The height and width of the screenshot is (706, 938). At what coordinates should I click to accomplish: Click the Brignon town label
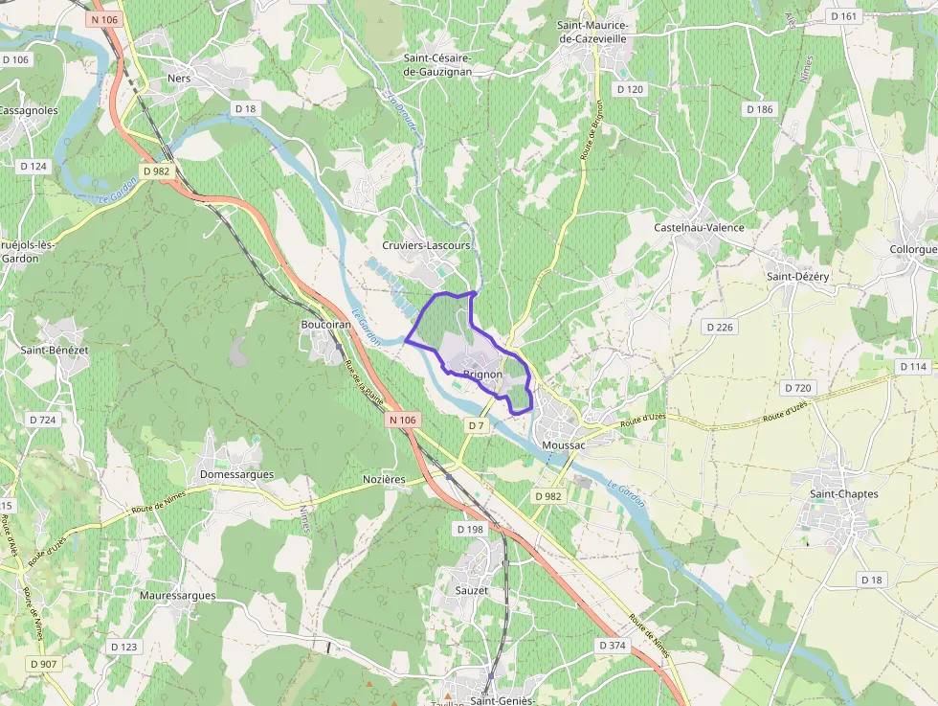point(482,375)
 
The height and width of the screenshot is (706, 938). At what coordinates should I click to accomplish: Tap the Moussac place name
point(563,445)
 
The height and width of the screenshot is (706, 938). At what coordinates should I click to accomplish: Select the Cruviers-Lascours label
point(426,245)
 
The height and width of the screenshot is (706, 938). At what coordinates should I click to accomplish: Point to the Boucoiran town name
point(326,325)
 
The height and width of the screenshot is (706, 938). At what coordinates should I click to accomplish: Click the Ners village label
point(179,79)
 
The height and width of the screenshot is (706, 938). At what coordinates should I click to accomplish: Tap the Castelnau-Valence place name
point(699,228)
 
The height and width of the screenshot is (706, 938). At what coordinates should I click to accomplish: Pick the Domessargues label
point(236,474)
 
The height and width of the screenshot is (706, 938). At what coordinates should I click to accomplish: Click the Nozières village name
point(385,479)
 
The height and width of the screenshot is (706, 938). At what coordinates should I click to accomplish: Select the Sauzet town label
point(472,591)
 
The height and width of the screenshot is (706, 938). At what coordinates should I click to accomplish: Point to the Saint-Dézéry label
point(797,276)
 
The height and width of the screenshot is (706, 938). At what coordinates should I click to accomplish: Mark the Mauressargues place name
point(177,596)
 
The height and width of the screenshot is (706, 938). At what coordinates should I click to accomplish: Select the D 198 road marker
point(470,530)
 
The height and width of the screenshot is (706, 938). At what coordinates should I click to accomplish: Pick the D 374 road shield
point(613,646)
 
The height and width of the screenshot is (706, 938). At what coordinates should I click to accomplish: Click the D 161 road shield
point(845,16)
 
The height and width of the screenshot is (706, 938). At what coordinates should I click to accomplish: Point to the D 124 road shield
point(33,166)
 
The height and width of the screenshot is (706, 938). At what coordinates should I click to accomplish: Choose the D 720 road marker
point(797,388)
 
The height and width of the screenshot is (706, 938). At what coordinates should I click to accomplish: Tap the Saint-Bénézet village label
point(55,351)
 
